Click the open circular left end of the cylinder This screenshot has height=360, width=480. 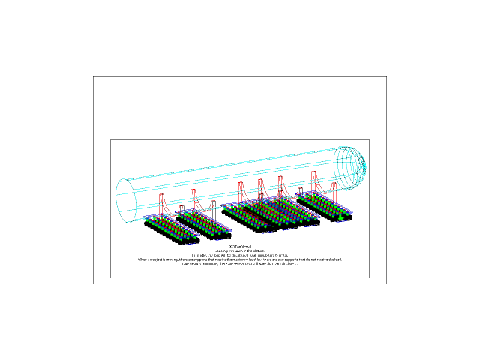(126, 200)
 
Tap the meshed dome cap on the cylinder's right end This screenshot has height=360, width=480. (352, 166)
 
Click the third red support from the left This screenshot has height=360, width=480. (241, 192)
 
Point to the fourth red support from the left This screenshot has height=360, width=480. (261, 188)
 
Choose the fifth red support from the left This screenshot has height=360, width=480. (280, 186)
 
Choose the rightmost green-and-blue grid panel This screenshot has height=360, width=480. (327, 205)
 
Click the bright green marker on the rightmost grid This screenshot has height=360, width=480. (341, 217)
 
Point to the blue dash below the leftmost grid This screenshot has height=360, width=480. (188, 244)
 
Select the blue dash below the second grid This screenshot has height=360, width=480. (220, 239)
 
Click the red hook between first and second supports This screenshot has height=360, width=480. (181, 208)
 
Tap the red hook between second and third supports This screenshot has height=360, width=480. (212, 203)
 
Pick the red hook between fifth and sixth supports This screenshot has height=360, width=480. (300, 192)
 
